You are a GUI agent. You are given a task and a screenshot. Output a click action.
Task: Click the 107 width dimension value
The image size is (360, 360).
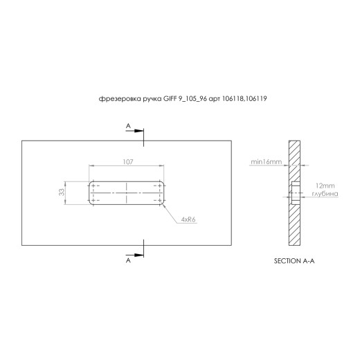(128, 162)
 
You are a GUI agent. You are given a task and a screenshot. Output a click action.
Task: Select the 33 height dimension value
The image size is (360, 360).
(62, 192)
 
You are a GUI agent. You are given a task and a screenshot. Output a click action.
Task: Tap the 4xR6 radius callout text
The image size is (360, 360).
(188, 219)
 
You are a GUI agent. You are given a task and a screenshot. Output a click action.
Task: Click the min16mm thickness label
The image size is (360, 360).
(267, 162)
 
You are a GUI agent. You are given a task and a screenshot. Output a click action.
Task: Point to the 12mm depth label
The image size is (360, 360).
(325, 186)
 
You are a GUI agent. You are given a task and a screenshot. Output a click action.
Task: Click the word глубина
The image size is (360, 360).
(325, 194)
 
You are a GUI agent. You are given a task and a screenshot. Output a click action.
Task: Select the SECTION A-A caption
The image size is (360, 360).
(294, 261)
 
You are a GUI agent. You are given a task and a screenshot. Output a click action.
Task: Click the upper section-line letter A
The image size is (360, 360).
(128, 126)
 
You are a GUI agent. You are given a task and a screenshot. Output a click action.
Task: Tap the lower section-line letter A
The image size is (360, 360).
(128, 260)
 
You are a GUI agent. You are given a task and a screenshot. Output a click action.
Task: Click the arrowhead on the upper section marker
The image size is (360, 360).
(139, 131)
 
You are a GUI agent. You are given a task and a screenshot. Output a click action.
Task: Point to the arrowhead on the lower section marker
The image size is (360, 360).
(139, 255)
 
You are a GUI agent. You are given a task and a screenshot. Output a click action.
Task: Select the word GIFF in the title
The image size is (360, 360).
(170, 99)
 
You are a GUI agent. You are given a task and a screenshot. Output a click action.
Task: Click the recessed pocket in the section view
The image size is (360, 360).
(296, 193)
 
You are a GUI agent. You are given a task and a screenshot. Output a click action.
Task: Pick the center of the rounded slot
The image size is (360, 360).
(127, 193)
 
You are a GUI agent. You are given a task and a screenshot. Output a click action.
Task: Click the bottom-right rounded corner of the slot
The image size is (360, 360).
(162, 203)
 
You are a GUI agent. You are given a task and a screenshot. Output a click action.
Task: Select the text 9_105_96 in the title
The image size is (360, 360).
(192, 99)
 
